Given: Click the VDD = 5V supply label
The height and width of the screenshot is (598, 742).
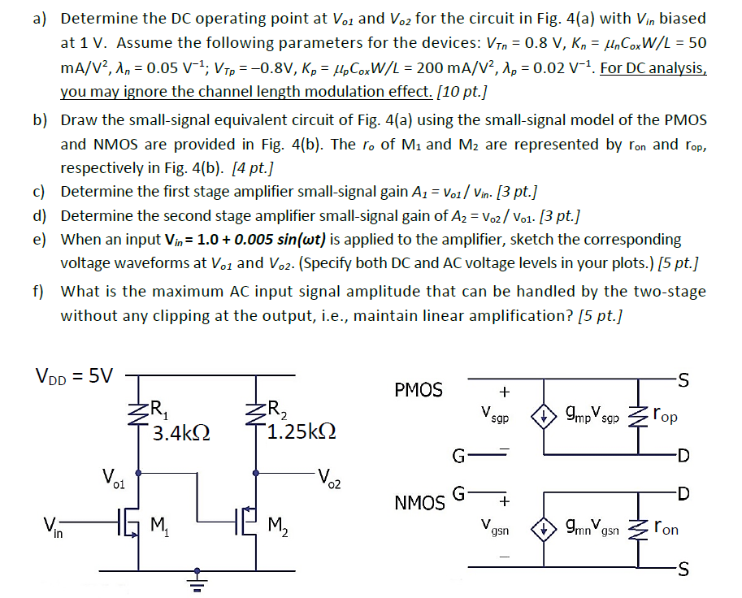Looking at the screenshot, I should (75, 375).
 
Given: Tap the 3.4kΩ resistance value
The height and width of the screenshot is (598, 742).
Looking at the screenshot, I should (180, 434).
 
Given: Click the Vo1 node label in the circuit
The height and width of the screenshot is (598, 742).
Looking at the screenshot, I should (113, 475).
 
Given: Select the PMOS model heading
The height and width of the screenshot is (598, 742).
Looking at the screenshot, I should (419, 391).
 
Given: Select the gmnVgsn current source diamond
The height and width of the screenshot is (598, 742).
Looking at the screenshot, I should (542, 528).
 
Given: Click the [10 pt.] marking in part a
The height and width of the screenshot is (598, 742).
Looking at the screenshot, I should (459, 92).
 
